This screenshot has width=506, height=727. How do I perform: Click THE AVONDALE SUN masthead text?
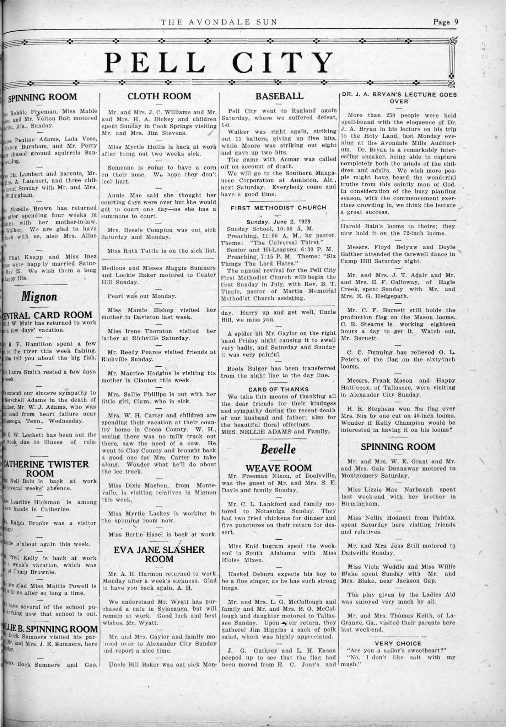219,22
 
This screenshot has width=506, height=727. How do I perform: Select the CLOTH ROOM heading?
159,96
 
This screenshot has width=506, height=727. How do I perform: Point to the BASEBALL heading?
280,96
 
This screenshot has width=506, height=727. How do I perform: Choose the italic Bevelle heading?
278,449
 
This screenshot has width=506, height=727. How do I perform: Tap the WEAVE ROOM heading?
279,468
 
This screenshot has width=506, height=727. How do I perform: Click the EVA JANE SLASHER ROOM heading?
159,554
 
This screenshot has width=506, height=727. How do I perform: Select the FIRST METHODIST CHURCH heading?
278,207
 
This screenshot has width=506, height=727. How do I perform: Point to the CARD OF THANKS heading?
279,389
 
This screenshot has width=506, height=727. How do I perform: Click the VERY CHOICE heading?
398,643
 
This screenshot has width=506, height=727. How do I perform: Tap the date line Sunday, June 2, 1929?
278,221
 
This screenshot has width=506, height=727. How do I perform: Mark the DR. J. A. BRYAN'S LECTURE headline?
398,97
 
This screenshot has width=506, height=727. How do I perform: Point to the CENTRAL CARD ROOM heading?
48,315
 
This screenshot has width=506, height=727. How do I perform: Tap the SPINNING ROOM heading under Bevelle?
398,447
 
